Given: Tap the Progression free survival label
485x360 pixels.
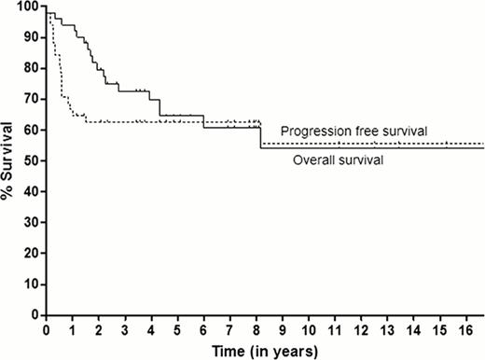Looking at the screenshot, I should [355, 132].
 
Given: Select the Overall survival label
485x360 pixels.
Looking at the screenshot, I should [336, 160].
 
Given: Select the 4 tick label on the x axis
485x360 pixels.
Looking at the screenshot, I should [154, 329].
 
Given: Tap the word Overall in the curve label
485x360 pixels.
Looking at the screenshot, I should [313, 160].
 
